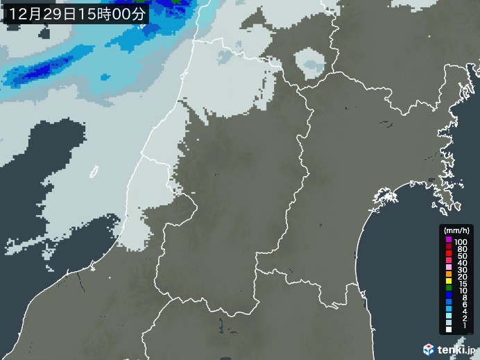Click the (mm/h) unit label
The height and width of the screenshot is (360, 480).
coord(457,230)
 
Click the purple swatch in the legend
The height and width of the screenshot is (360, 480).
coord(448,240)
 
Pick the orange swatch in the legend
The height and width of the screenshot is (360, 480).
coord(448,277)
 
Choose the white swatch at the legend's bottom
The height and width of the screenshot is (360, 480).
coord(448,339)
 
